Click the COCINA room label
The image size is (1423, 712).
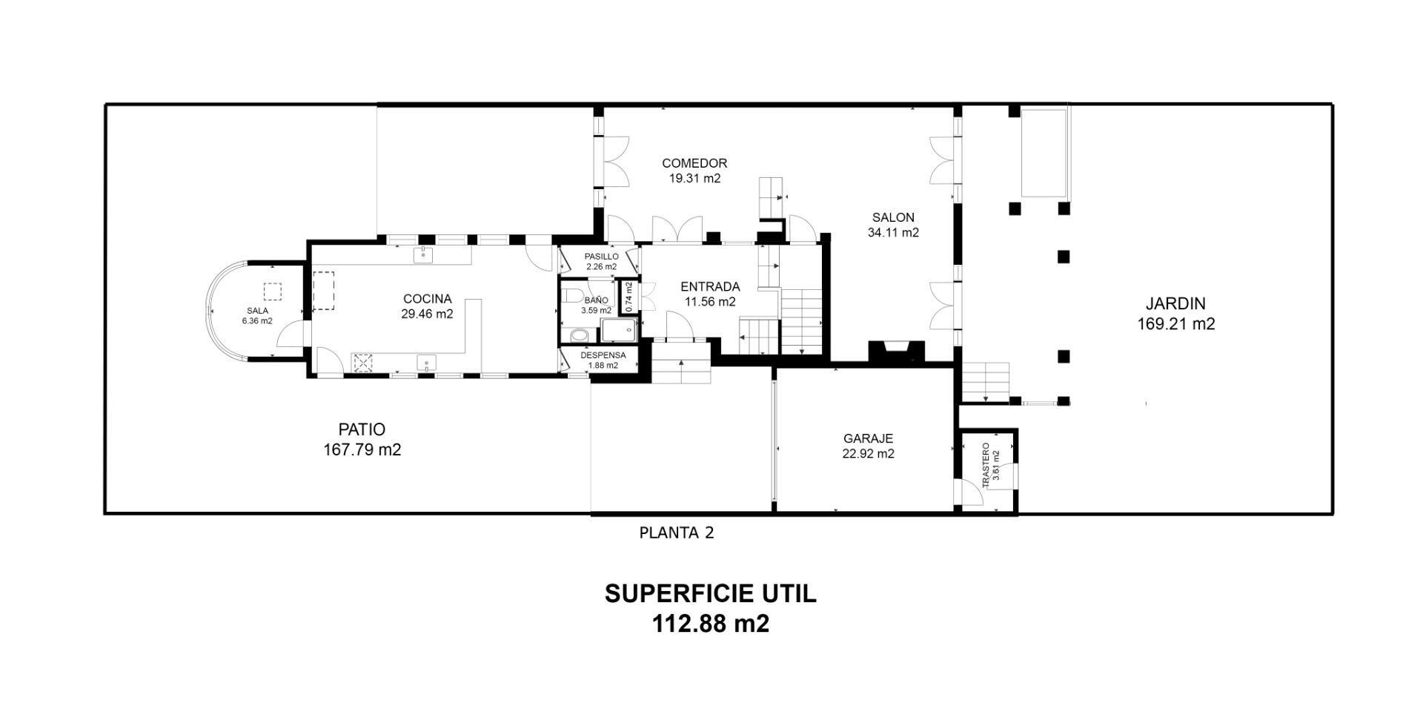coord(427,299)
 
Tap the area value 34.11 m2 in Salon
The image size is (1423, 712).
coord(893,232)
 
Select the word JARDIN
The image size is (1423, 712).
coord(1175,303)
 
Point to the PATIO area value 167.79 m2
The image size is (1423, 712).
coord(362,449)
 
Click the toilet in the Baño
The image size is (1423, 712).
coord(571,296)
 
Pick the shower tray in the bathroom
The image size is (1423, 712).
coord(618,331)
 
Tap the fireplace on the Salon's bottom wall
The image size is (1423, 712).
coord(896,350)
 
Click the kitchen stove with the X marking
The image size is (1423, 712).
coord(363,363)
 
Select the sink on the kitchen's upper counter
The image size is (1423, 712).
coord(423,255)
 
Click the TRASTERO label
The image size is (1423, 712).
coord(986,465)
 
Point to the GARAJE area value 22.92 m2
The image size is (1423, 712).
coord(868,454)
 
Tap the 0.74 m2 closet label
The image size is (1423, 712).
coord(628,296)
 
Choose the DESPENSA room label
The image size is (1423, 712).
coord(603,355)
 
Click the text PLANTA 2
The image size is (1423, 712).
coord(677,533)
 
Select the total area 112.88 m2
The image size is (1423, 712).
coord(711,624)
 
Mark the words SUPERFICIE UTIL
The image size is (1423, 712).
coord(711,593)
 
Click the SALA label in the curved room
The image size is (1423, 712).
coord(257,311)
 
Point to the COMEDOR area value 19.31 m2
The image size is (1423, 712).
coord(694,179)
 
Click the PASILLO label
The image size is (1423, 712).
coord(601,257)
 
